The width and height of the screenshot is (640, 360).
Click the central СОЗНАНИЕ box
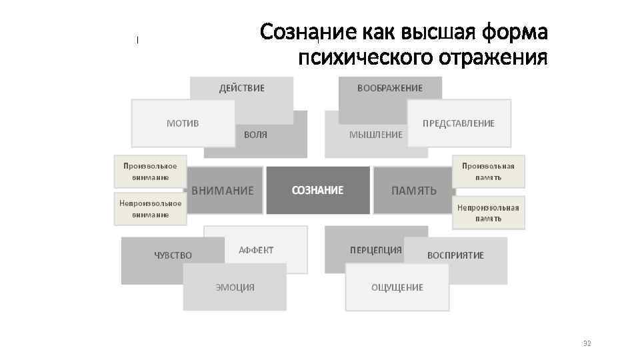coord(318,190)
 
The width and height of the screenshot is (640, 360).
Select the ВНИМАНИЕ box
coord(223,191)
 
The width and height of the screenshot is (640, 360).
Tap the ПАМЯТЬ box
coord(414,191)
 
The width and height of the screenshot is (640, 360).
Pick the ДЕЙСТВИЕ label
coord(242,88)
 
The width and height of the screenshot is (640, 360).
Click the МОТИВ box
coord(182,123)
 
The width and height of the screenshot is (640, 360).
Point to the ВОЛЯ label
coord(255,135)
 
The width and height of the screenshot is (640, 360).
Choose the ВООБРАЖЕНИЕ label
coord(390,88)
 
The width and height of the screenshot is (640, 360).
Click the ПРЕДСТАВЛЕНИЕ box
coord(459,123)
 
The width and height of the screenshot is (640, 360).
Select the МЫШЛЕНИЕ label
coord(375,135)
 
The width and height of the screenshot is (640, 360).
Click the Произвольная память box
coord(489,171)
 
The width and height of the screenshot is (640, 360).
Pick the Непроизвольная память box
coord(489,213)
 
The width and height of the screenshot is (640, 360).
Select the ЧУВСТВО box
coord(173,255)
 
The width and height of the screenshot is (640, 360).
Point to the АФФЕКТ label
coord(256,250)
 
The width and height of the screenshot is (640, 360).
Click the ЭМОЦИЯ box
coord(235,287)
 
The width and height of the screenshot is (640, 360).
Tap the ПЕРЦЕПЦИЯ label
coord(375,250)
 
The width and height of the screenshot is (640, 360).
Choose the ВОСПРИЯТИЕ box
coord(456,255)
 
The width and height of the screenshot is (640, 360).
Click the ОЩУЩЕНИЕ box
coord(397,287)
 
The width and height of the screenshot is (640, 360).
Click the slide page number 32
coord(587,343)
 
